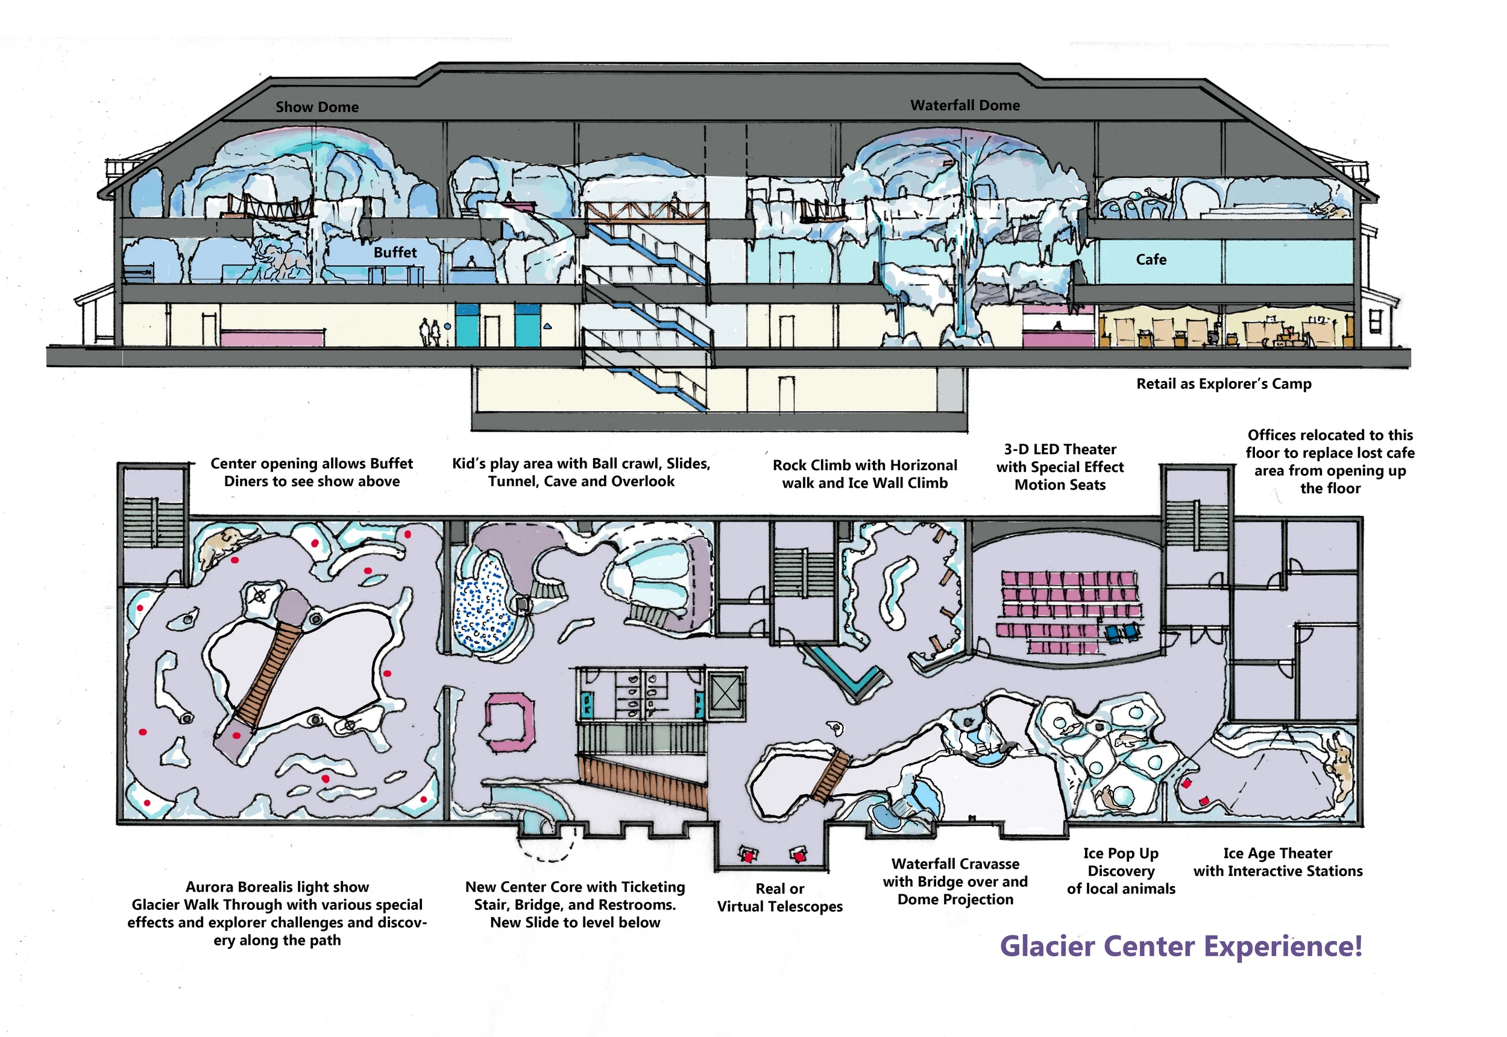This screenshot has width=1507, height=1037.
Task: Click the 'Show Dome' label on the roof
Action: coord(316,107)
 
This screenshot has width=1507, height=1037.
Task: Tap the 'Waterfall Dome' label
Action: coord(964,106)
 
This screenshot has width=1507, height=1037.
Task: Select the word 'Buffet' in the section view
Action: coord(395,252)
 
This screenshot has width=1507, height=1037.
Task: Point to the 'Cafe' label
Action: coord(1151,259)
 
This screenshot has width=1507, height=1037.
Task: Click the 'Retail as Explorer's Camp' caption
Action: coord(1224,384)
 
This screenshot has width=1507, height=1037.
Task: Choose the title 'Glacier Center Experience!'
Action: coord(1180,946)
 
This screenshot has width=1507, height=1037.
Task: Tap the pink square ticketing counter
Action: coord(511,722)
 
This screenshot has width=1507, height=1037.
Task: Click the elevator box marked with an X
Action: coord(725,693)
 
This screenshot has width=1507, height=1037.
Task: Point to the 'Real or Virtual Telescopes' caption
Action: coord(779,897)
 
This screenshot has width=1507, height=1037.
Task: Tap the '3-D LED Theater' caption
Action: coord(1060,450)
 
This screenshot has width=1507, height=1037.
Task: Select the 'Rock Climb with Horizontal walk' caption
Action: coord(864,465)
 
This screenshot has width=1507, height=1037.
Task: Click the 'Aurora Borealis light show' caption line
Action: coord(277,887)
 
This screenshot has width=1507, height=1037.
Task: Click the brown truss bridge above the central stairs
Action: coord(646,212)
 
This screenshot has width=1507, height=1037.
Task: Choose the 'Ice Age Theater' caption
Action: coord(1277,853)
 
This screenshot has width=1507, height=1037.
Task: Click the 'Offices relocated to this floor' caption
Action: coord(1330,435)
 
